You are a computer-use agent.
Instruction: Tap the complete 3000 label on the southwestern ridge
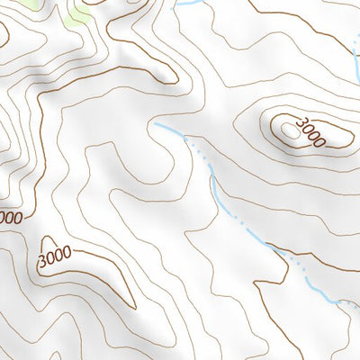click(55, 256)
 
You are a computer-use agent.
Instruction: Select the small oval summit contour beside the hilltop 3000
click(289, 130)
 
